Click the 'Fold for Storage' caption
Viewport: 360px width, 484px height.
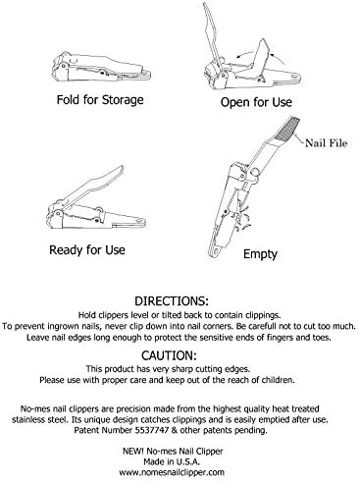point(100,100)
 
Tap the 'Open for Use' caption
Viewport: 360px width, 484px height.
point(256,102)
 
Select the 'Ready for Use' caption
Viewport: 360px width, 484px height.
point(87,250)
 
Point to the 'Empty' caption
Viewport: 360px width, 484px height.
point(260,254)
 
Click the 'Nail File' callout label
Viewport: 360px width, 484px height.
point(326,143)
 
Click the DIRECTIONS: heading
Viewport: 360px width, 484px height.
point(172,300)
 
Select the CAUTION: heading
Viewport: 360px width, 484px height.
point(169,355)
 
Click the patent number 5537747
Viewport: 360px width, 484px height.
point(152,430)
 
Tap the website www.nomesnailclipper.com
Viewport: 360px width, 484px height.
point(172,472)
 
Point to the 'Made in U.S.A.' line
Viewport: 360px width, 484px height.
point(172,461)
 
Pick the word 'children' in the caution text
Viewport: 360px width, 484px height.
point(279,380)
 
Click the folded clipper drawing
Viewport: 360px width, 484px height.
point(102,67)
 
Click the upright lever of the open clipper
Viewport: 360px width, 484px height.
point(211,32)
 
